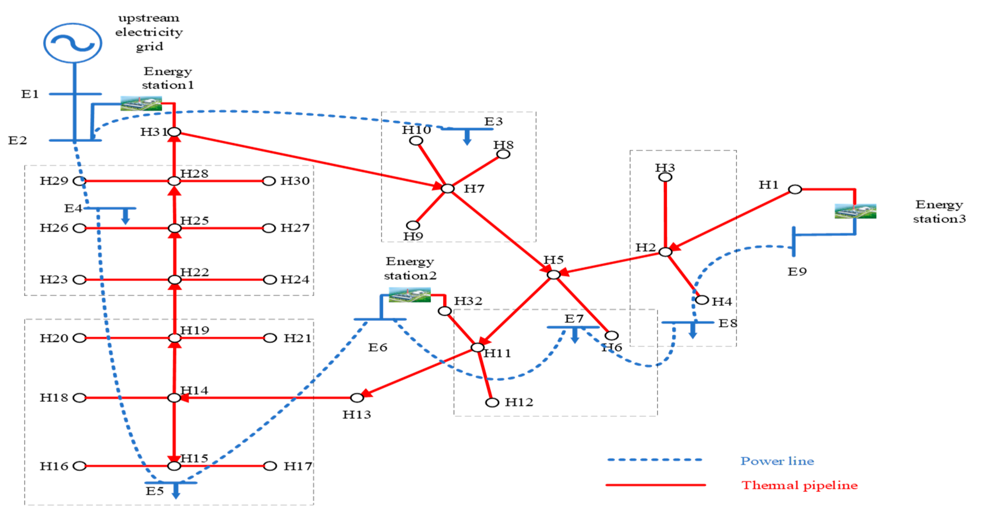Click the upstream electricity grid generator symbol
point(72,43)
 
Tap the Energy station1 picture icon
point(141,103)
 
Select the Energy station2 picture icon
point(409,295)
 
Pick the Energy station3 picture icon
point(855,211)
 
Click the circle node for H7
point(447,188)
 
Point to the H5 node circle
point(553,274)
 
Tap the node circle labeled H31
point(174,132)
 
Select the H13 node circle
point(357,398)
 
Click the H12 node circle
point(492,402)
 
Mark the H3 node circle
point(665,177)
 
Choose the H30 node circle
point(269,181)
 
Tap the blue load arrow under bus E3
point(467,138)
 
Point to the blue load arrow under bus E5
point(175,491)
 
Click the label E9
point(797,272)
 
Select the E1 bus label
point(30,94)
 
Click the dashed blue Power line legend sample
point(654,460)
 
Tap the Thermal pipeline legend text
point(799,485)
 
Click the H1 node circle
point(795,189)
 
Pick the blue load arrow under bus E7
point(575,335)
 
